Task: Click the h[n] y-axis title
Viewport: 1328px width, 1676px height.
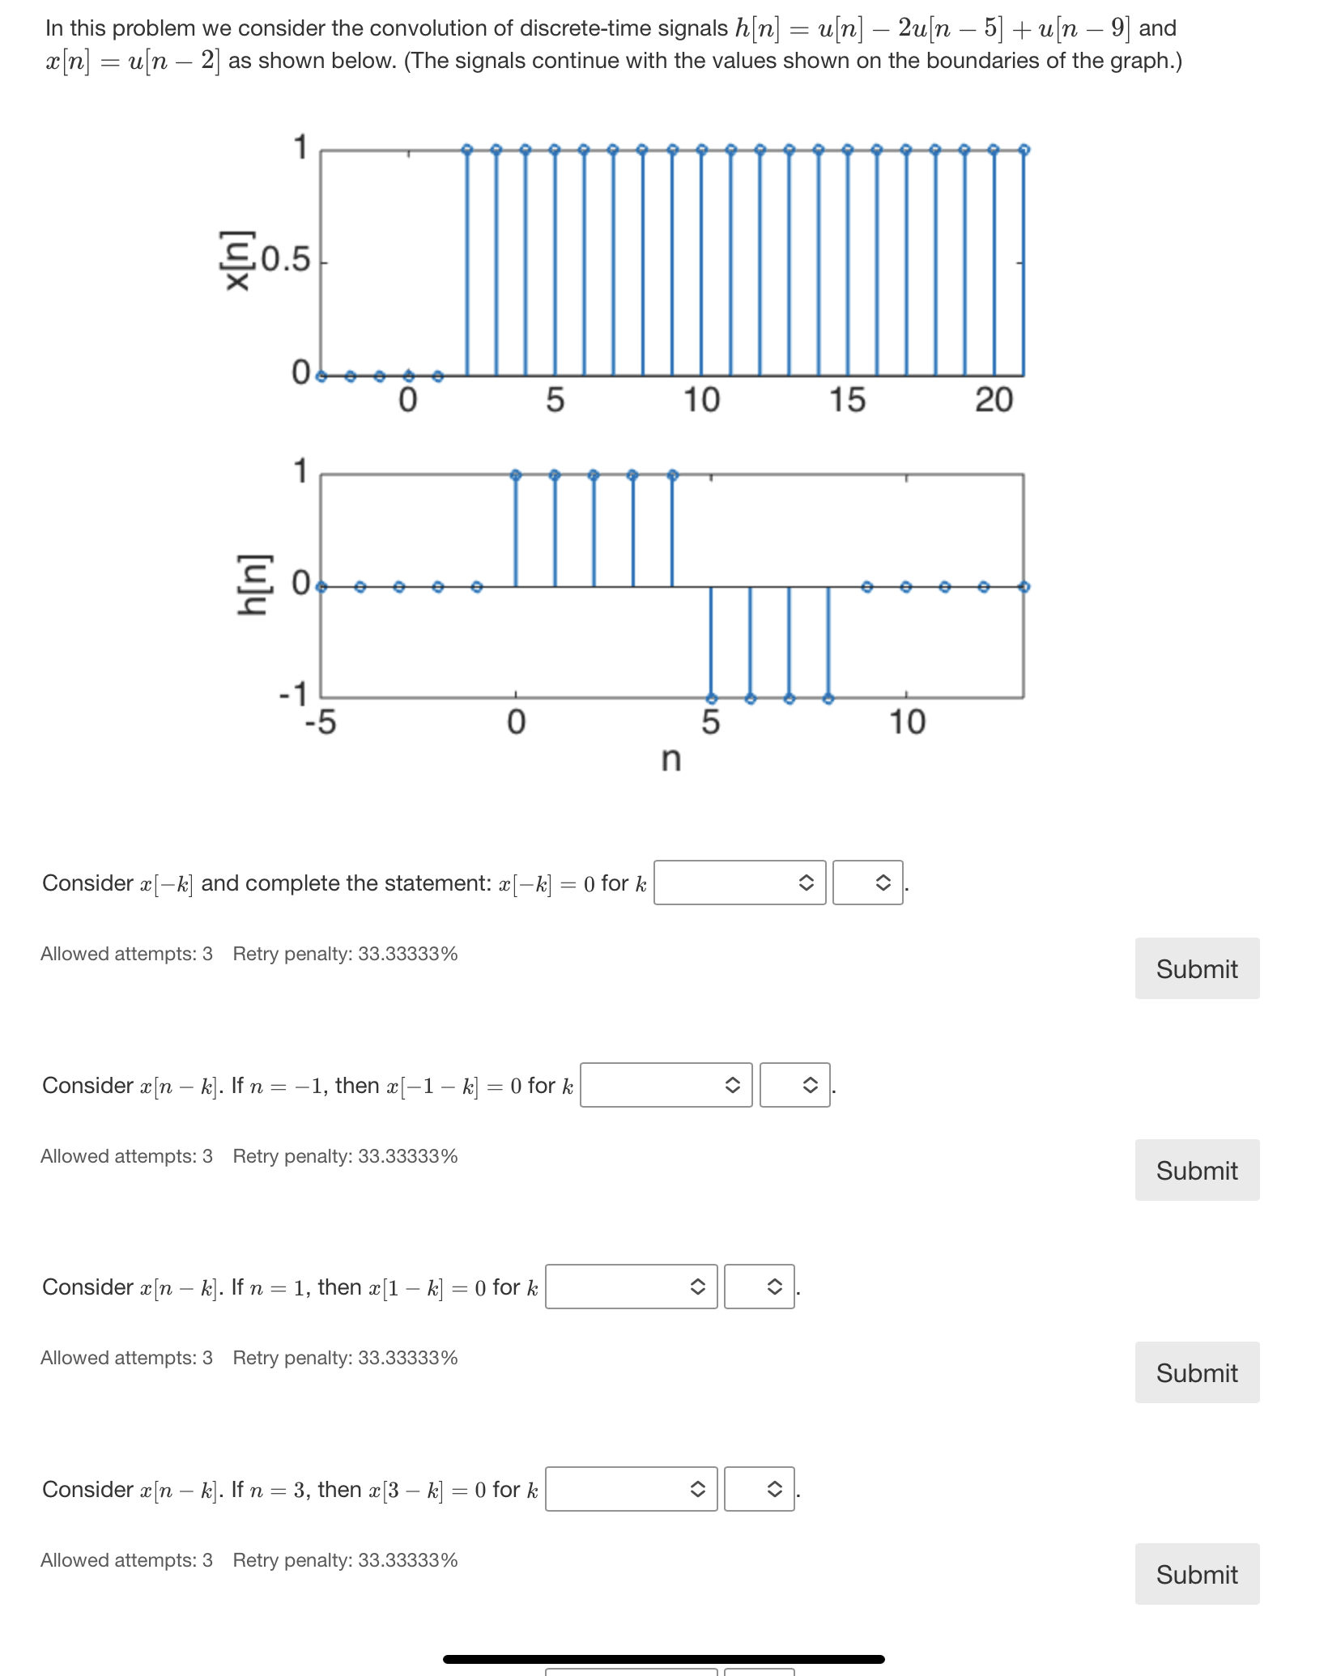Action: (x=251, y=585)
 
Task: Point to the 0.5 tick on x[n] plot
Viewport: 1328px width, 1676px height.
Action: (x=286, y=260)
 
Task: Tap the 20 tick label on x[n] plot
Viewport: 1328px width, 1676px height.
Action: (x=994, y=400)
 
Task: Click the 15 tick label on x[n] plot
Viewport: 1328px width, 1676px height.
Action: (x=847, y=400)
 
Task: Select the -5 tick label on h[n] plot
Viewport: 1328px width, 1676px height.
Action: (x=320, y=721)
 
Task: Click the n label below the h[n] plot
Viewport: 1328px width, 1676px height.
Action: (x=671, y=759)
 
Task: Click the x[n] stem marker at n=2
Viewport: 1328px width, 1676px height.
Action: (x=467, y=150)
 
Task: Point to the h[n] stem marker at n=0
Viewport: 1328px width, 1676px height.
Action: (x=516, y=475)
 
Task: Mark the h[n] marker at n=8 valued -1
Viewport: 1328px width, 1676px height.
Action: (x=828, y=698)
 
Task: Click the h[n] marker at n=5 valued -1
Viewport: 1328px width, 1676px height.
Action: (x=711, y=698)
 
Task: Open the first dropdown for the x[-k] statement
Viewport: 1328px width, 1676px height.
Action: (x=739, y=883)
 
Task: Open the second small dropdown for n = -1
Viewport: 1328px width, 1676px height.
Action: (x=794, y=1085)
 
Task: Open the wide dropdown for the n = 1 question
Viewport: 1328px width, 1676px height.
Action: (x=631, y=1287)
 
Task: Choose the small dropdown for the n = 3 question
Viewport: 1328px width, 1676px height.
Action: (x=759, y=1489)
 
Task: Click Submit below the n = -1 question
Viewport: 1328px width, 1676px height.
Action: (x=1197, y=1170)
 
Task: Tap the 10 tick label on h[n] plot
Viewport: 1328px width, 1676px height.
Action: (x=907, y=721)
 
